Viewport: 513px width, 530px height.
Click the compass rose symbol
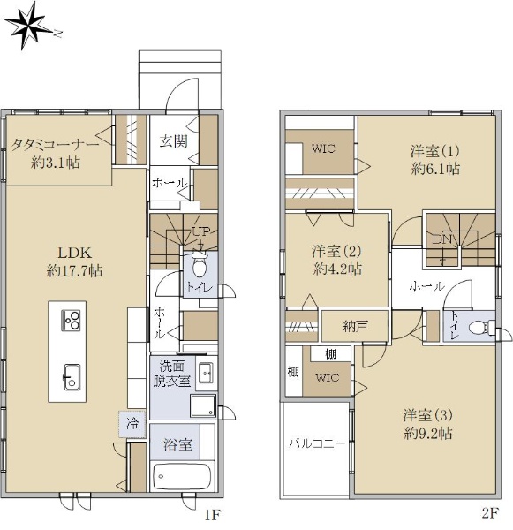[29, 26]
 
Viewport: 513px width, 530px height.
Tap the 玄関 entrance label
[174, 140]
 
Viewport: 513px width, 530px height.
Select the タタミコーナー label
[56, 144]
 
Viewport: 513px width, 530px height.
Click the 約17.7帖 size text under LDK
[74, 271]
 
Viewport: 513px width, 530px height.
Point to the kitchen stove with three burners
[71, 320]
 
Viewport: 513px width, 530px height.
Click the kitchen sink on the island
[72, 377]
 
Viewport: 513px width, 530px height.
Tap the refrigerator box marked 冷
[132, 424]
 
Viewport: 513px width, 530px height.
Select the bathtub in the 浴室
[182, 476]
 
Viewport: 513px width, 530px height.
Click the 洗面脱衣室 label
[172, 373]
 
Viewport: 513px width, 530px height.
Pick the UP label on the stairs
[200, 231]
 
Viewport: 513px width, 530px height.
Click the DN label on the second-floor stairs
[442, 239]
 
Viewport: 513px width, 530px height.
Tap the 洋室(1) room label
[435, 151]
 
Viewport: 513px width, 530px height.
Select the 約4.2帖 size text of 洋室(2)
[337, 269]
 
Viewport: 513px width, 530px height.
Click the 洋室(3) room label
[427, 415]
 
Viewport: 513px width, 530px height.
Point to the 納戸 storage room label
[355, 327]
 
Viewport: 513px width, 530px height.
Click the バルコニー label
[317, 443]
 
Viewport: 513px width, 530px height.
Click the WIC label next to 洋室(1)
[323, 148]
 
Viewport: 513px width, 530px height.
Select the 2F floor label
[490, 514]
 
